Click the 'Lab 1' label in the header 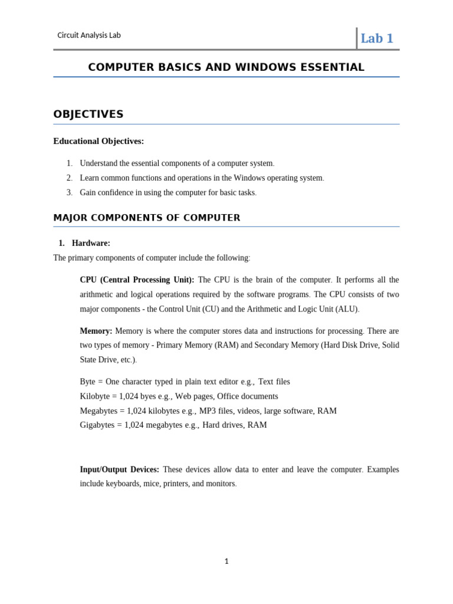[x=376, y=38]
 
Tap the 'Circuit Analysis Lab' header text [x=88, y=35]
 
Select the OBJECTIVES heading [x=88, y=114]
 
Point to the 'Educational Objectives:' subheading [x=99, y=141]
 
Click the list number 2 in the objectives [x=69, y=178]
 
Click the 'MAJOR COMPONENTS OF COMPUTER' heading [x=147, y=218]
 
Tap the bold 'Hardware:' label [x=91, y=243]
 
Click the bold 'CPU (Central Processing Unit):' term [x=137, y=280]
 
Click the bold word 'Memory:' [x=96, y=331]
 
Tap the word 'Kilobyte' [x=96, y=396]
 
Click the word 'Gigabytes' [x=98, y=425]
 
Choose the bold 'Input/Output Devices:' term [x=119, y=470]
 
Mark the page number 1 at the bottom [x=226, y=562]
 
